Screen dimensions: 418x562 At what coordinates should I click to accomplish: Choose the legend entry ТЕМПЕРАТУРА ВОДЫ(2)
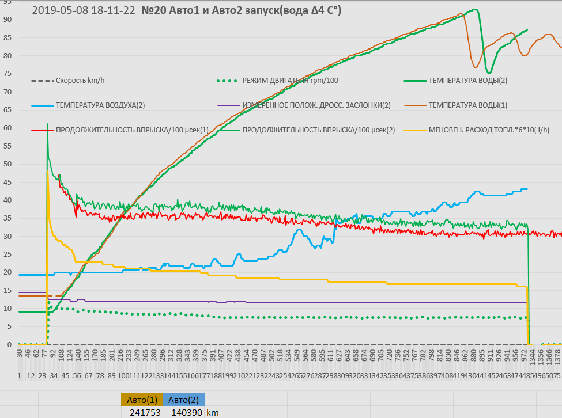point(467,81)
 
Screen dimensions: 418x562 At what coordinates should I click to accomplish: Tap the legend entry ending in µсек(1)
point(132,130)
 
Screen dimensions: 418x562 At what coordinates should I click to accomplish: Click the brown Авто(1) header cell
point(142,400)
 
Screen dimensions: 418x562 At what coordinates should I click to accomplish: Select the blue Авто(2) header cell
point(183,400)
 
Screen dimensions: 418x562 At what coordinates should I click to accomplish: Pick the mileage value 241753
point(142,412)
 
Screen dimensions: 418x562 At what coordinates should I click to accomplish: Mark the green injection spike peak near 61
point(47,124)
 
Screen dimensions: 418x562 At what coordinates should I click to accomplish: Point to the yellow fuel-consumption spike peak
point(47,171)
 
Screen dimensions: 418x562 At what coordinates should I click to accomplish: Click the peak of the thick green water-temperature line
point(474,9)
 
